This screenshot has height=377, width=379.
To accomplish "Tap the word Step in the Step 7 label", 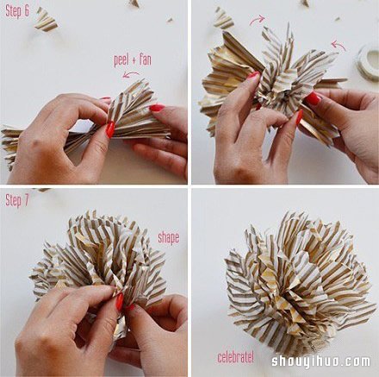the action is coord(13,201).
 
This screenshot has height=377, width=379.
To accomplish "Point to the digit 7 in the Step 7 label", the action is coord(26,200).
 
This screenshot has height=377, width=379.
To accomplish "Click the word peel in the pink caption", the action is coord(121,60).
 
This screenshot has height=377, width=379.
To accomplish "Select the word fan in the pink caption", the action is coord(146,60).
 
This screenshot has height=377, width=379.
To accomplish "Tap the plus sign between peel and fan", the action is coord(134,60).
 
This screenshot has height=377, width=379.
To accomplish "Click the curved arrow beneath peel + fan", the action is coord(131,75).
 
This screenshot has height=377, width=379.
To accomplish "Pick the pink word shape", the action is coord(169,238).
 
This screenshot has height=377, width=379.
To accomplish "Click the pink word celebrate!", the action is coord(236,357).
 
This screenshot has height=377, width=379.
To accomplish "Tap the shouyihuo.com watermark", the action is coord(320,361).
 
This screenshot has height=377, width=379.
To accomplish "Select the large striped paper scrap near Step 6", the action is coord(46,20).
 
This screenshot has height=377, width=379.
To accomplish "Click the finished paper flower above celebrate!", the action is coord(299,283).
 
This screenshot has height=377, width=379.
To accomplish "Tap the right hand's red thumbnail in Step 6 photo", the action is coord(157,108).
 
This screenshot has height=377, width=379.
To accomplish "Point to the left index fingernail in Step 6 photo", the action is coord(110,129).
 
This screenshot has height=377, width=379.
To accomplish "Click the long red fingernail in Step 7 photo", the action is coord(120,301).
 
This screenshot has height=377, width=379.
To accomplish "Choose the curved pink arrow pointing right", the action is coord(258,20).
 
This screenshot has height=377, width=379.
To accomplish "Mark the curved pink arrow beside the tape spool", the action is coord(339,45).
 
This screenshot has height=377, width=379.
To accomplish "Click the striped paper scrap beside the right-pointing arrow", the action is coord(223,18).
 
